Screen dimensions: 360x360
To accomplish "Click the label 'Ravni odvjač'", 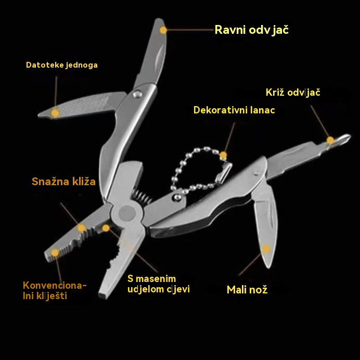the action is [252, 30].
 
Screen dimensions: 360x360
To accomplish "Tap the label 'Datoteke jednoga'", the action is [62, 65].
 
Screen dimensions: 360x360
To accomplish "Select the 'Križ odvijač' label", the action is [293, 93].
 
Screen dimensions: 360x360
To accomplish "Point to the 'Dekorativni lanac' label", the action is [234, 110].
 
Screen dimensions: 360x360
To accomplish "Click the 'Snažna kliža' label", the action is [63, 182].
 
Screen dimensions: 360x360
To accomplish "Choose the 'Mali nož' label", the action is [247, 290].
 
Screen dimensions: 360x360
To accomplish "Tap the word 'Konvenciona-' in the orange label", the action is [55, 286].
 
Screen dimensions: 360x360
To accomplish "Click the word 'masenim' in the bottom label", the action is [156, 279].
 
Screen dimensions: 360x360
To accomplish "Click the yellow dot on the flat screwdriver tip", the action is [163, 30].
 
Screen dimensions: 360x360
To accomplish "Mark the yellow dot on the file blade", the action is [55, 113].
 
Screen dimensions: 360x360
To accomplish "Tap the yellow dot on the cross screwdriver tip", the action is [330, 140].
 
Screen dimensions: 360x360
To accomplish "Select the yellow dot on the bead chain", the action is [223, 156].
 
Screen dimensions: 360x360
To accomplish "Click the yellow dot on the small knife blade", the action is [266, 249].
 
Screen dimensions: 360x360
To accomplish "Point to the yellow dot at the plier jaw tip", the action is [55, 253].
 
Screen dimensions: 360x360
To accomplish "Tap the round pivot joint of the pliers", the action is [127, 213].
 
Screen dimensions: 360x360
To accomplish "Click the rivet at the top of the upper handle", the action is [137, 94].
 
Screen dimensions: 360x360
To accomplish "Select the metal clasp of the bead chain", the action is [224, 173].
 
